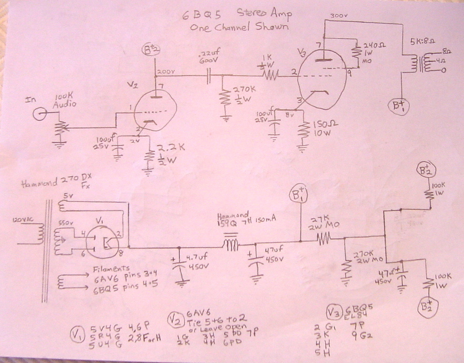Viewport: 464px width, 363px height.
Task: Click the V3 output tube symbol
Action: [x=320, y=73]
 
